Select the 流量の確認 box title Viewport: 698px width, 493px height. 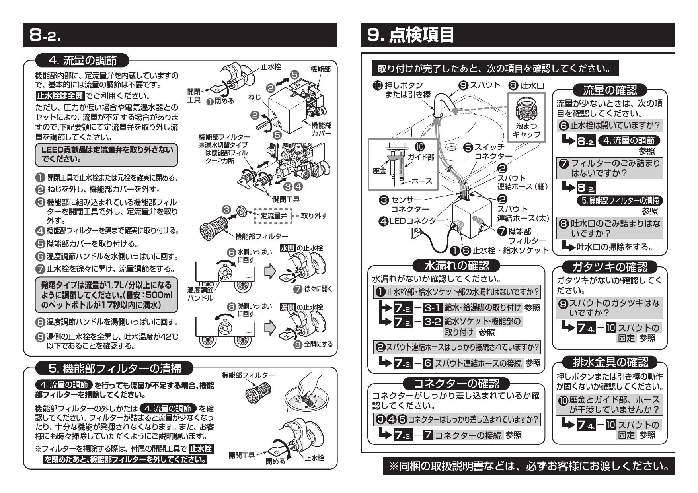pyautogui.click(x=609, y=90)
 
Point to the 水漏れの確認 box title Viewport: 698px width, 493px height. pyautogui.click(x=457, y=265)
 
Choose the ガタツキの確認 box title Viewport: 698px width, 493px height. pyautogui.click(x=609, y=267)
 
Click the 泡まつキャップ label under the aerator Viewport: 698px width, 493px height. pyautogui.click(x=526, y=130)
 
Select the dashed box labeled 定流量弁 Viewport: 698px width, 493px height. pyautogui.click(x=271, y=216)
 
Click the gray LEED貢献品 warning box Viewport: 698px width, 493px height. pyautogui.click(x=107, y=155)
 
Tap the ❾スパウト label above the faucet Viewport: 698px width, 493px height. pyautogui.click(x=480, y=85)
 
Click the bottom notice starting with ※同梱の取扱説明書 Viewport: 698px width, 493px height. pyautogui.click(x=529, y=466)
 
